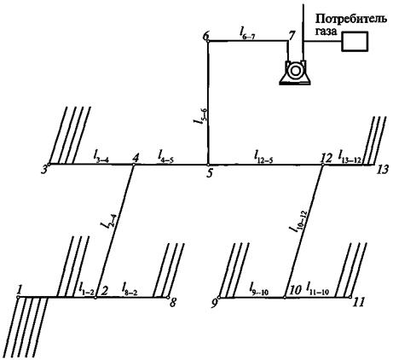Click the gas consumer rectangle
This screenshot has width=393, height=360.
pos(355,42)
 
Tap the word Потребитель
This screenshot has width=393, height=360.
pos(350,20)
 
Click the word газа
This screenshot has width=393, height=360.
pos(327,32)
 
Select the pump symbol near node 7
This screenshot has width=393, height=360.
pos(294,72)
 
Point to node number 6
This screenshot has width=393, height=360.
pos(206,37)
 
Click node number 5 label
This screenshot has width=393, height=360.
pos(210,173)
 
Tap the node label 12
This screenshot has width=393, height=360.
pos(326,159)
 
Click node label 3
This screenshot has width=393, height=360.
pos(43,170)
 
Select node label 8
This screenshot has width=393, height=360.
pos(172,302)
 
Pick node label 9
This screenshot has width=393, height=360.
pos(217,303)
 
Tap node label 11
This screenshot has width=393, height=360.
pos(358,302)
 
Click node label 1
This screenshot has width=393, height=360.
pos(20,290)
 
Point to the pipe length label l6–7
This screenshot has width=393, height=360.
pos(246,32)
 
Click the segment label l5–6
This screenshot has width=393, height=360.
pos(199,116)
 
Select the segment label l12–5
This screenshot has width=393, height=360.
pos(263,157)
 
